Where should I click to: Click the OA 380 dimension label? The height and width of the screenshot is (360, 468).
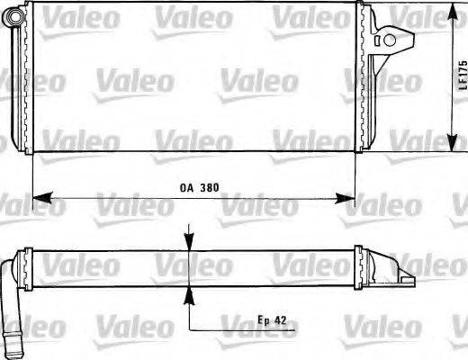[x=200, y=188]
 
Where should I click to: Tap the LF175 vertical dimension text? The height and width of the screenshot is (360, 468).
[x=463, y=75]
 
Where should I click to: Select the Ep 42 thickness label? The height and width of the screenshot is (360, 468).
[x=272, y=320]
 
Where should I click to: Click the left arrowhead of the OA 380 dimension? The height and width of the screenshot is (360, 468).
[x=42, y=198]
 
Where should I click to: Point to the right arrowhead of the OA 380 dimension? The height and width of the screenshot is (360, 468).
[x=345, y=198]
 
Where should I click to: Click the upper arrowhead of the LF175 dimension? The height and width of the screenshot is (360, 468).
[x=452, y=12]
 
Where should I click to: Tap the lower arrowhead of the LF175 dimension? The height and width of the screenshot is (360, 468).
[x=452, y=142]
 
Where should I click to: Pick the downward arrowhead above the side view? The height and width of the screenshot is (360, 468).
[x=189, y=241]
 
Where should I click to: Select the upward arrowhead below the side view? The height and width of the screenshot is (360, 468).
[x=189, y=296]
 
